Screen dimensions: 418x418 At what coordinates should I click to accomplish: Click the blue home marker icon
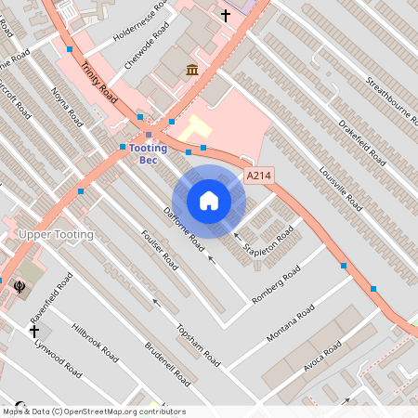(x=209, y=200)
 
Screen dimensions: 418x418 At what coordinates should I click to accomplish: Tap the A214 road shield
(x=259, y=176)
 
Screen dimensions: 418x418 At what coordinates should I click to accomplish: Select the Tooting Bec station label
(x=149, y=153)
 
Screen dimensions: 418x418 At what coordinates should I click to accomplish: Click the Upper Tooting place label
(x=57, y=235)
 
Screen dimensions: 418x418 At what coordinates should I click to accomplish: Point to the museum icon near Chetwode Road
(x=191, y=71)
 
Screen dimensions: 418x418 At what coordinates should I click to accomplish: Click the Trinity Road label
(x=100, y=83)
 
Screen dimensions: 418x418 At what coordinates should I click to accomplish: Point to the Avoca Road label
(x=322, y=358)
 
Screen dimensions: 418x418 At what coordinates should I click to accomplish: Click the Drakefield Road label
(x=362, y=140)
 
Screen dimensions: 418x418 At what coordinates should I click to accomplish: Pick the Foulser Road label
(x=159, y=249)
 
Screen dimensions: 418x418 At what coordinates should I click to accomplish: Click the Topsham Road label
(x=197, y=344)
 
